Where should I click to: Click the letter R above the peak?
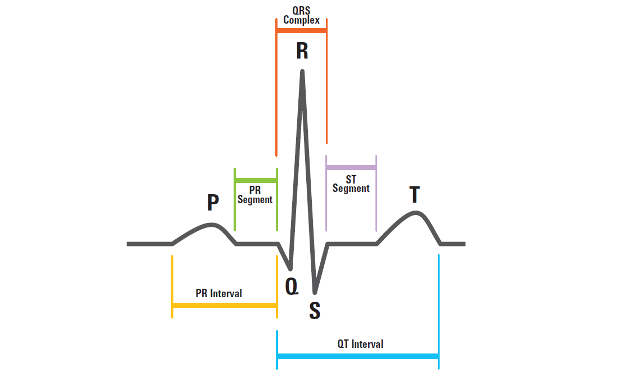coord(302,51)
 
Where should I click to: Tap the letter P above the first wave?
coord(213,203)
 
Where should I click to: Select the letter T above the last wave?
coord(414,195)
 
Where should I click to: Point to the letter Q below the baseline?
coord(292,286)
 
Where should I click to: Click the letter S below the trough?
coord(315,311)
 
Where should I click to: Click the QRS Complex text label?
coord(301,15)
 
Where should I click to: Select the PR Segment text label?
coord(255,195)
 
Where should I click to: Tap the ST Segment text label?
coord(351,184)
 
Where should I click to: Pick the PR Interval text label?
coord(219,293)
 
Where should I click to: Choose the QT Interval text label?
coord(360,344)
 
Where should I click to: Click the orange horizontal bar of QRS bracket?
coord(301,30)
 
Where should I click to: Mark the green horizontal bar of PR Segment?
coord(256,180)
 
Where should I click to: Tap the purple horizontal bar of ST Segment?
coord(351,167)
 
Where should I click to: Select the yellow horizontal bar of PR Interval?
coord(224,305)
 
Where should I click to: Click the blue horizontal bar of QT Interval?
coord(357,356)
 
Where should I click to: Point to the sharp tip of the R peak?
coord(303,71)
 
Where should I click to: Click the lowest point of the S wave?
coord(315,292)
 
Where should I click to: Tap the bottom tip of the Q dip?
coord(290,267)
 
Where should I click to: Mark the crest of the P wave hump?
coord(213,225)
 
